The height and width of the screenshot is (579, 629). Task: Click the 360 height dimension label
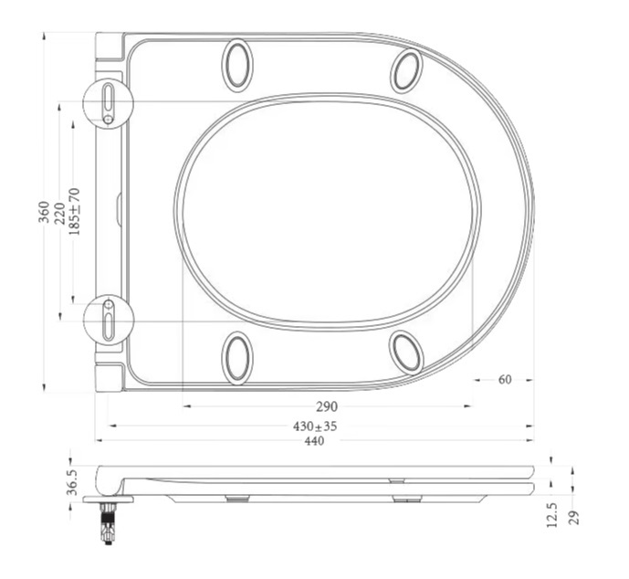(44, 212)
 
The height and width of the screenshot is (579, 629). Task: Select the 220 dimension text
(59, 212)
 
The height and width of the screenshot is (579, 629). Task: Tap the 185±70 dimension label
(74, 212)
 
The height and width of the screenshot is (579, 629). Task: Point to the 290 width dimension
(327, 406)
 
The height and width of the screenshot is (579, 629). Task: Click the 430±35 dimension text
(315, 426)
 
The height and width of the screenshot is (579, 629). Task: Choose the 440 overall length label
(314, 441)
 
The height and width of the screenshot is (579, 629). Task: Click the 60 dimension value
(504, 380)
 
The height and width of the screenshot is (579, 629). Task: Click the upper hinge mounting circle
(108, 103)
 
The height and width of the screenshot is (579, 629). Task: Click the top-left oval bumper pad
(236, 66)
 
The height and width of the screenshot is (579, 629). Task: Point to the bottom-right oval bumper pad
(405, 353)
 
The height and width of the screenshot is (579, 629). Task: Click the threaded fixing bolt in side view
(108, 523)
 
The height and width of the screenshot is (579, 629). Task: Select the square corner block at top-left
(109, 47)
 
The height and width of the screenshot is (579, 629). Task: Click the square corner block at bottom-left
(109, 377)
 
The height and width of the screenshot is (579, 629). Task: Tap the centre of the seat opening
(327, 211)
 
